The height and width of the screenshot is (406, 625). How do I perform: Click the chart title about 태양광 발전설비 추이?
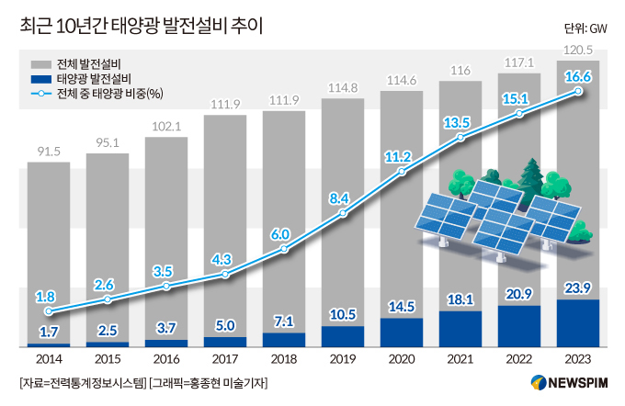(140, 25)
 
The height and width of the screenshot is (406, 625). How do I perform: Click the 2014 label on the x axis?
(49, 359)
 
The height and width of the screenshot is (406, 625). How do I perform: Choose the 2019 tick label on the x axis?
(343, 359)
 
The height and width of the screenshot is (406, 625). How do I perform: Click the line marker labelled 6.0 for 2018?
(284, 249)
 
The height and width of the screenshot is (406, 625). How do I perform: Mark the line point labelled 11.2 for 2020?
(402, 172)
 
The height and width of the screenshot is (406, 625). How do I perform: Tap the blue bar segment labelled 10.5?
(343, 336)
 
